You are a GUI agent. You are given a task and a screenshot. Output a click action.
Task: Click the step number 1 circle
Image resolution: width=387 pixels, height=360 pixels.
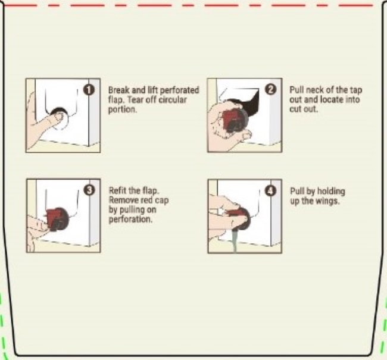click(89, 90)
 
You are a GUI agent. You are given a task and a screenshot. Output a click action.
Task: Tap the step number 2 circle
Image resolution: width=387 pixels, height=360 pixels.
click(270, 90)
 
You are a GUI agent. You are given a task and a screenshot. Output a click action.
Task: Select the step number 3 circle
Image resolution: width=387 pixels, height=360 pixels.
click(89, 190)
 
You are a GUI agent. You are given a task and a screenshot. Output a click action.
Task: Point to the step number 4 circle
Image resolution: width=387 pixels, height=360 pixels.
click(270, 191)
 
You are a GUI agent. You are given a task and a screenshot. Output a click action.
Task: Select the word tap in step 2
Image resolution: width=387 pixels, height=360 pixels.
click(356, 90)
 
